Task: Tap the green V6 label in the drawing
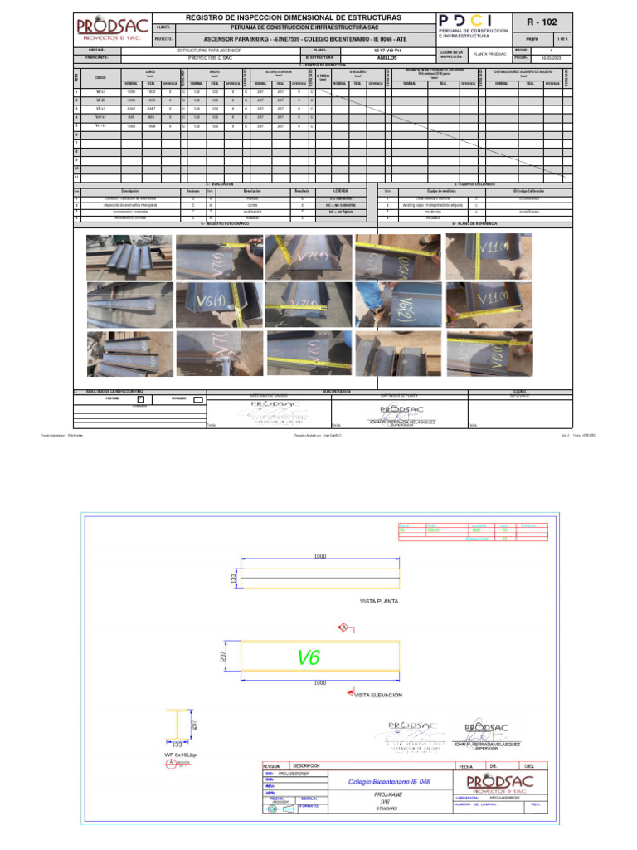tap(309, 658)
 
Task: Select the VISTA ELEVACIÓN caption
tap(378, 695)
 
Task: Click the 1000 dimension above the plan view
tap(320, 557)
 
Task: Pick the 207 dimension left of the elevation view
tap(224, 656)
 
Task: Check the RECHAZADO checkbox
tap(197, 400)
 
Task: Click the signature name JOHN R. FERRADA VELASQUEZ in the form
tap(401, 420)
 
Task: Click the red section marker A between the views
tap(341, 628)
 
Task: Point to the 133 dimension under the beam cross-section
tap(177, 745)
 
